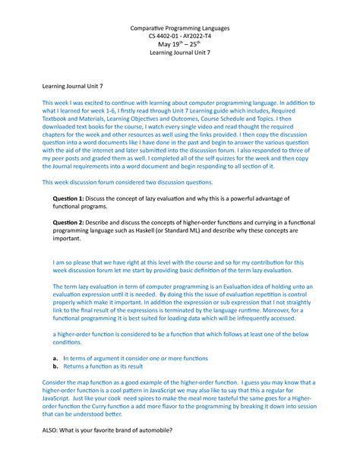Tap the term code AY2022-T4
tap(199, 37)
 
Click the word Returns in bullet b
tap(77, 366)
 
